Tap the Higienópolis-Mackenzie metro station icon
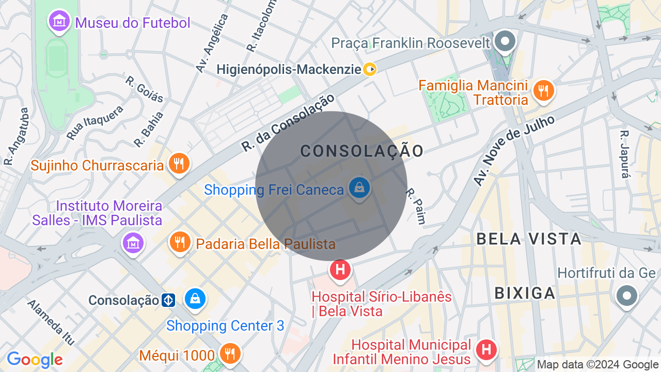coord(370,69)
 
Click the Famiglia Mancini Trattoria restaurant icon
coord(543,91)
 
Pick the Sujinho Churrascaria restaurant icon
coord(179,165)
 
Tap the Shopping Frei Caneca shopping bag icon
coord(359,188)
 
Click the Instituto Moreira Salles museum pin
coord(133,242)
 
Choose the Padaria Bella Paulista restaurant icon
coord(180,242)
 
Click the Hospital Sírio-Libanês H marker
coord(340,270)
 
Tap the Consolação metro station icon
coord(168,300)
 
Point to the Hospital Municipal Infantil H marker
coord(486,350)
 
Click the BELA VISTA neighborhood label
coord(529,239)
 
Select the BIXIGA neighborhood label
coord(525,293)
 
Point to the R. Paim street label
coord(416,206)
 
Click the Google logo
coord(35,360)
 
